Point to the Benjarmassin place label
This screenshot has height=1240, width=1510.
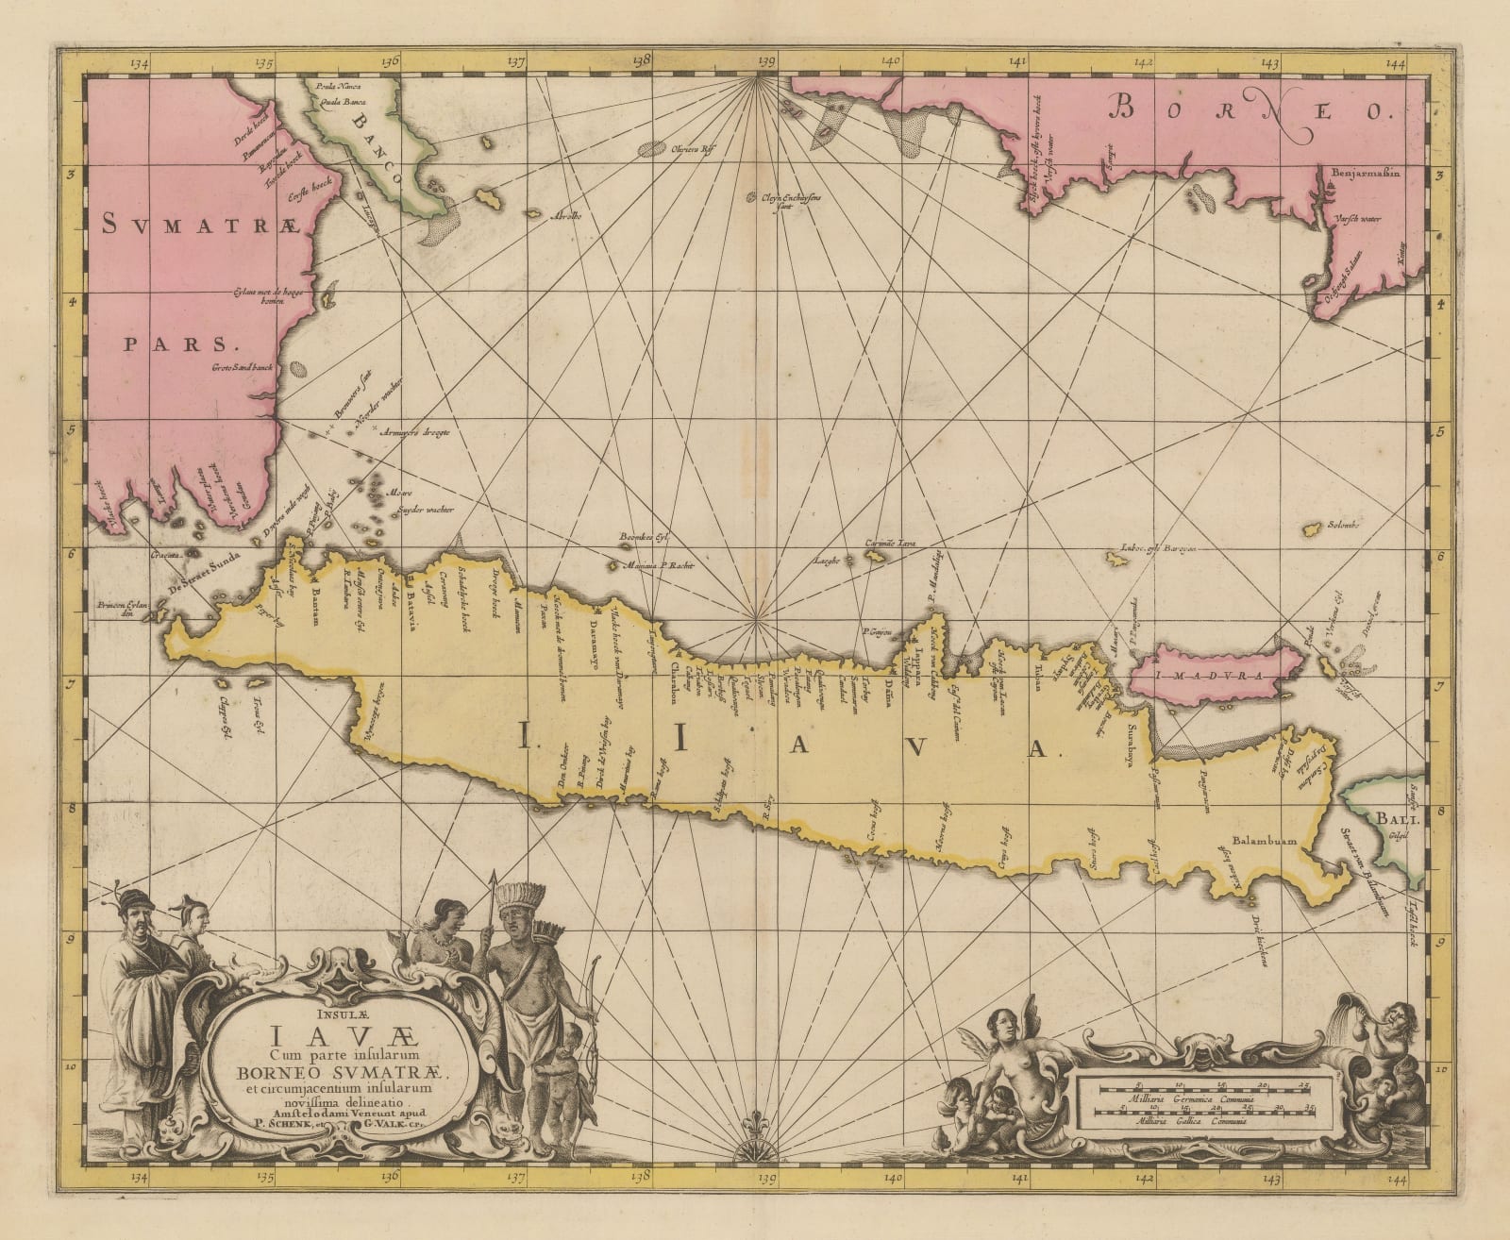click(1369, 174)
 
